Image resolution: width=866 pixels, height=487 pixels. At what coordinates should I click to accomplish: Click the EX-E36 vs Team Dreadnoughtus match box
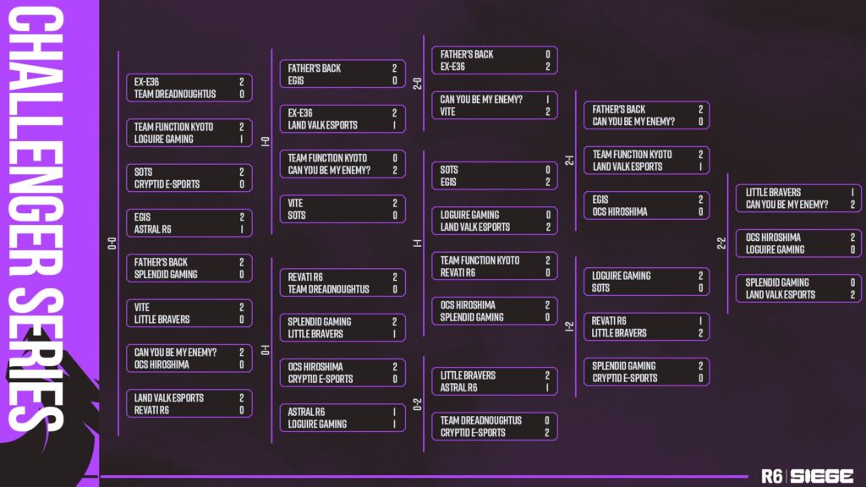pyautogui.click(x=189, y=88)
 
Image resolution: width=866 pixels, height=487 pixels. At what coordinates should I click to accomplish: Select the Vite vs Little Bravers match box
pyautogui.click(x=189, y=313)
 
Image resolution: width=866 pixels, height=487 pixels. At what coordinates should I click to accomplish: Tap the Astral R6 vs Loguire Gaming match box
pyautogui.click(x=343, y=418)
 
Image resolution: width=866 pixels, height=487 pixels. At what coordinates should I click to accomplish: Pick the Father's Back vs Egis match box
pyautogui.click(x=343, y=74)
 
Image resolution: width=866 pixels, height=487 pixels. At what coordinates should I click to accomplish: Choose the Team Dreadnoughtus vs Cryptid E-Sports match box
pyautogui.click(x=494, y=426)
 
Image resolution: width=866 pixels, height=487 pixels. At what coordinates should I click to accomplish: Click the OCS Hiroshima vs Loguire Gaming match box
pyautogui.click(x=798, y=243)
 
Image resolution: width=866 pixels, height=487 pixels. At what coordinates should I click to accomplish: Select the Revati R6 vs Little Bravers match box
pyautogui.click(x=646, y=327)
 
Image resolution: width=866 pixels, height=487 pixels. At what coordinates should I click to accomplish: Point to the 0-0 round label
pyautogui.click(x=112, y=243)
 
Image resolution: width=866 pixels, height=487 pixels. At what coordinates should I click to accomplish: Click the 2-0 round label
pyautogui.click(x=418, y=84)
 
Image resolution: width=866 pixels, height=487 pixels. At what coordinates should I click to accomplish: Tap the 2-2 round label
pyautogui.click(x=721, y=243)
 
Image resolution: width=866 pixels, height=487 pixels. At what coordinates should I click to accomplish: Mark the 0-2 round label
pyautogui.click(x=418, y=404)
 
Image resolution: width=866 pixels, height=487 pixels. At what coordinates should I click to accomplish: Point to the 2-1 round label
pyautogui.click(x=569, y=161)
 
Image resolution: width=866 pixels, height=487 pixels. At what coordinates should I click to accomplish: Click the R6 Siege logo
pyautogui.click(x=807, y=476)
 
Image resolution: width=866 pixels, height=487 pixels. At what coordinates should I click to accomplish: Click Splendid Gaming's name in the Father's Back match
pyautogui.click(x=166, y=275)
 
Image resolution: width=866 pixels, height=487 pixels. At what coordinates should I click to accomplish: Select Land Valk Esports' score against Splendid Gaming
pyautogui.click(x=852, y=295)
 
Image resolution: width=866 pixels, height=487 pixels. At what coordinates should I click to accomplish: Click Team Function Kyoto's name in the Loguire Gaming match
pyautogui.click(x=173, y=127)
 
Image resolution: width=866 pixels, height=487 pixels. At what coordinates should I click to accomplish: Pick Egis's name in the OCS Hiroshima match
pyautogui.click(x=600, y=200)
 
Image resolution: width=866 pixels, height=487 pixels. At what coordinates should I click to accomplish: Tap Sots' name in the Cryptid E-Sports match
pyautogui.click(x=143, y=172)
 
